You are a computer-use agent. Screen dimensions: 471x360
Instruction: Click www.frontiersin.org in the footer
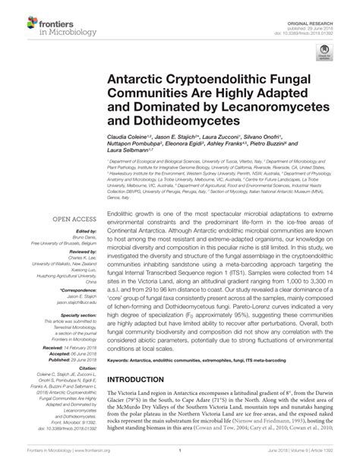[x=81, y=459]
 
